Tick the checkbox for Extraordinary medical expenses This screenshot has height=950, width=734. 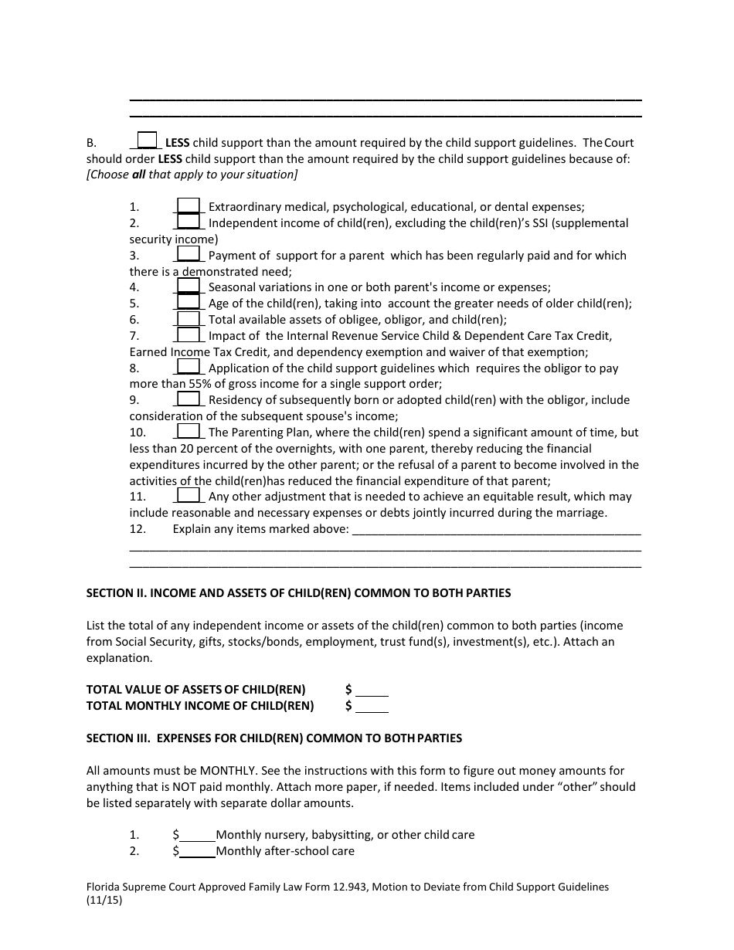(x=189, y=205)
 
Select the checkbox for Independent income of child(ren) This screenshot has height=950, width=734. (x=189, y=222)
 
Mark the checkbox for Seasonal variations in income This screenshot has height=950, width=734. (x=189, y=287)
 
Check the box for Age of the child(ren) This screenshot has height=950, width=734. (x=189, y=303)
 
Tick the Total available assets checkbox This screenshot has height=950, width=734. (x=189, y=319)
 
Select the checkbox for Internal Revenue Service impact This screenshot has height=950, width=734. (x=189, y=335)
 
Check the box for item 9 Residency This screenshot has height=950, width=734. (x=189, y=399)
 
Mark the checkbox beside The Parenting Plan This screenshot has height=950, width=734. (x=189, y=432)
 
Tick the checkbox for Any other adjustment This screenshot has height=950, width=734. (x=189, y=496)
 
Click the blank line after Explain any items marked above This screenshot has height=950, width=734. (x=496, y=530)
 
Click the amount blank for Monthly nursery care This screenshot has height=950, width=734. (x=197, y=835)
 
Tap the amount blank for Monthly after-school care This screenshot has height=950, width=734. (x=197, y=851)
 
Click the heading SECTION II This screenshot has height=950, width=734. (x=298, y=593)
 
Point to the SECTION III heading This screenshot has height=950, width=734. (x=274, y=738)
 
